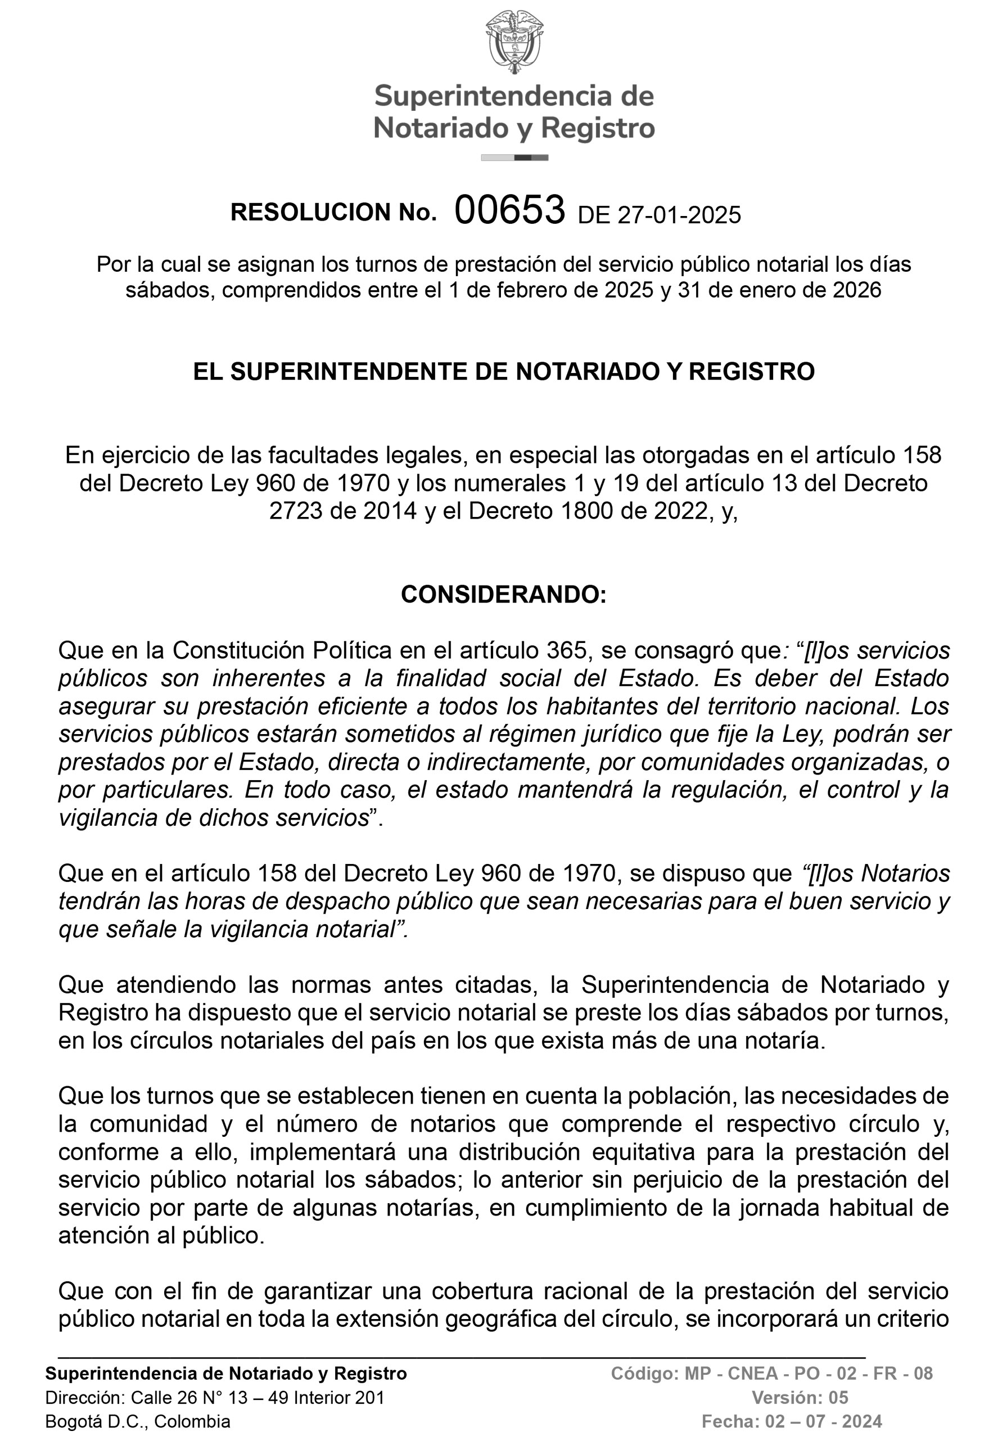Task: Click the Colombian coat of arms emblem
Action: click(514, 42)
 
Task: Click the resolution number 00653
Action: click(509, 210)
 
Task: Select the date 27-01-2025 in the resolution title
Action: click(679, 215)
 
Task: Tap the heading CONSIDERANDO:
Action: click(503, 594)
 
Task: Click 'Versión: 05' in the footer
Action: click(800, 1397)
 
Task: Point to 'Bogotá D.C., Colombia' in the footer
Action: click(138, 1421)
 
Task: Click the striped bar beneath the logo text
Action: click(514, 157)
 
